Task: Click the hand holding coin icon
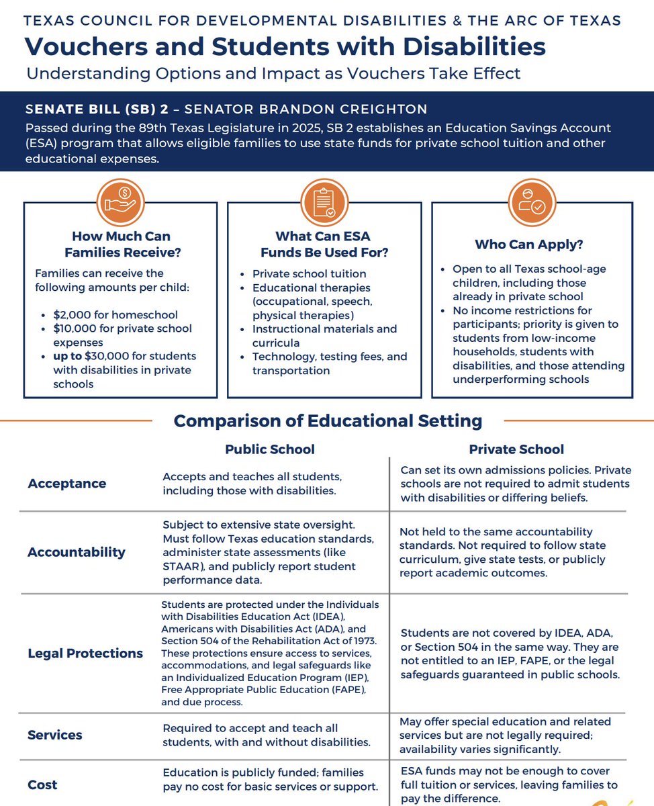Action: coord(121,202)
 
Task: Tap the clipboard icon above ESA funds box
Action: coord(324,202)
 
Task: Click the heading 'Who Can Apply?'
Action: coord(529,244)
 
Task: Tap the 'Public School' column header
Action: coord(269,449)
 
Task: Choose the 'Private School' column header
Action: coord(516,449)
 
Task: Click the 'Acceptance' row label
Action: coord(67,484)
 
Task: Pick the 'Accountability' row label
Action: coord(77,552)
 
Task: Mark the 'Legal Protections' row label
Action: coord(85,653)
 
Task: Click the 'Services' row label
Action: coord(55,735)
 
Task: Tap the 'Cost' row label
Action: coord(42,785)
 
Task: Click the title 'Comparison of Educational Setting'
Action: coord(328,421)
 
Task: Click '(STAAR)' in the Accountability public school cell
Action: coord(183,566)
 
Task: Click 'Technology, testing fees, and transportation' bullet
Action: coord(329,363)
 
